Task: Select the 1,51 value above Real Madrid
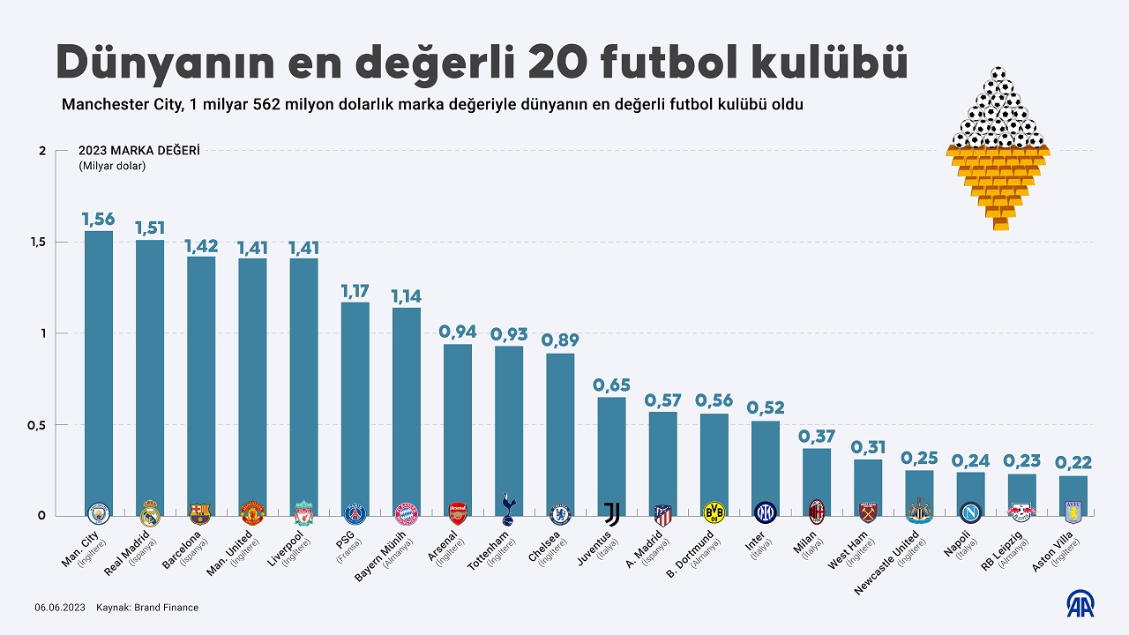[x=150, y=228]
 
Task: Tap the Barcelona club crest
[x=200, y=513]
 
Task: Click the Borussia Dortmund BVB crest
[x=714, y=512]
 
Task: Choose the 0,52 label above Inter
[x=765, y=408]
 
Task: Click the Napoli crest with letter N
[x=970, y=512]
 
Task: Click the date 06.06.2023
[x=60, y=608]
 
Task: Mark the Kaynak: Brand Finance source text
[x=147, y=608]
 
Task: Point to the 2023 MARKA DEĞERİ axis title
[x=139, y=151]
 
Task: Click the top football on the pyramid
[x=998, y=74]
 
